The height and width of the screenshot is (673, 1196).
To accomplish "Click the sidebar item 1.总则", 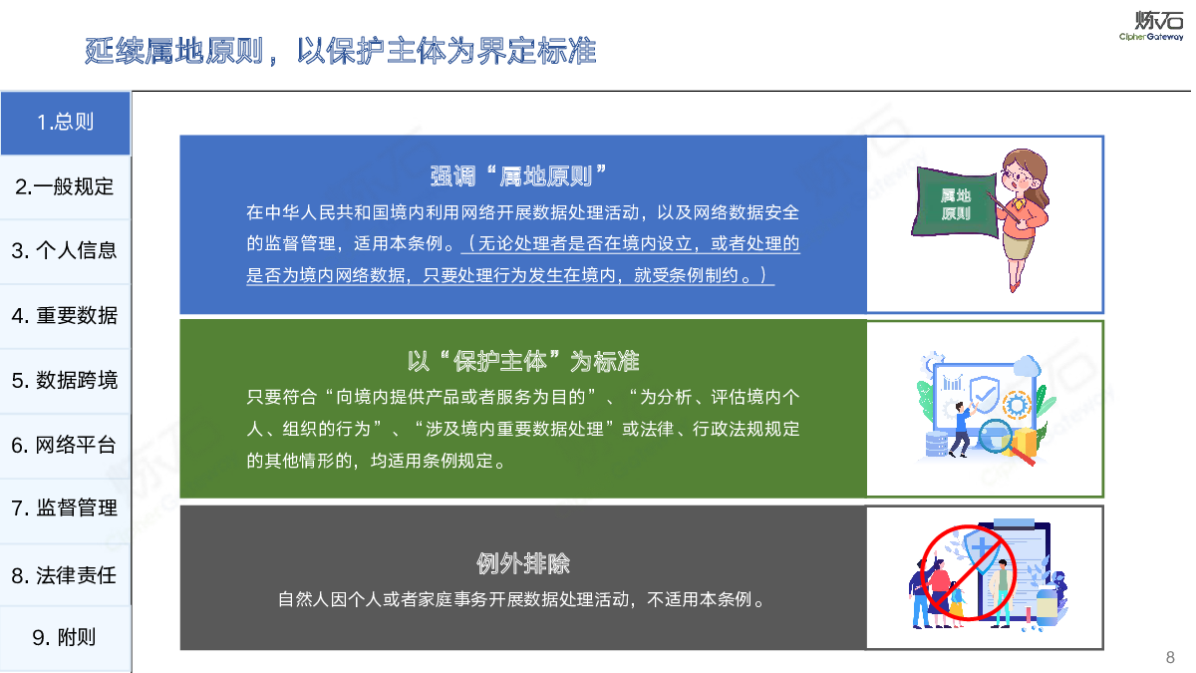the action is pos(65,123).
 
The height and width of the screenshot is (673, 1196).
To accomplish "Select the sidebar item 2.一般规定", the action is pos(65,187).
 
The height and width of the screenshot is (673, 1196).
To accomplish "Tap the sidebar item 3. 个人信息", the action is pos(65,251).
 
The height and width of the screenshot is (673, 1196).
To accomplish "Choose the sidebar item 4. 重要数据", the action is pos(65,316).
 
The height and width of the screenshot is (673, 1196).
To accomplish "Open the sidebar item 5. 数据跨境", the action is pos(65,380).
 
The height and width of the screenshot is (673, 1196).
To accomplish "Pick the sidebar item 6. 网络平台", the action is pos(65,445).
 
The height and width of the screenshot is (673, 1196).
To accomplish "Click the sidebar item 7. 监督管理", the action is pos(65,507).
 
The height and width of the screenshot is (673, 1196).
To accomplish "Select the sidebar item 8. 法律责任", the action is pos(65,575).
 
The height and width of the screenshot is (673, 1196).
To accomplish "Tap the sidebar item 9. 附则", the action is pos(65,637).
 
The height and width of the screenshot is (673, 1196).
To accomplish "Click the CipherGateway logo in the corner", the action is pos(1151,25).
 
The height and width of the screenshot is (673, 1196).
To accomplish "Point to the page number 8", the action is pos(1170,657).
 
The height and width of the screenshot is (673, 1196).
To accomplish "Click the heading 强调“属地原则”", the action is pos(518,176).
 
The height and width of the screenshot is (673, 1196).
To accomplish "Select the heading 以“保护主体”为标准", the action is pos(523,362).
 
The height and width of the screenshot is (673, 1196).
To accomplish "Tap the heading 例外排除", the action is pos(523,563).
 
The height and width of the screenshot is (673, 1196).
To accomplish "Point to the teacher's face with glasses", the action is pos(1019,176).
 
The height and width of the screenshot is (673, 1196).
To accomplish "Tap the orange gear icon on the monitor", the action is pos(1017,405).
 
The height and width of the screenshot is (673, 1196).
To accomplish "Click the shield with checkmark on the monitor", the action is pos(984,395).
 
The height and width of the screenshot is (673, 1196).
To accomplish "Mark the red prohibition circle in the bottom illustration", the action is pos(968,572).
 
